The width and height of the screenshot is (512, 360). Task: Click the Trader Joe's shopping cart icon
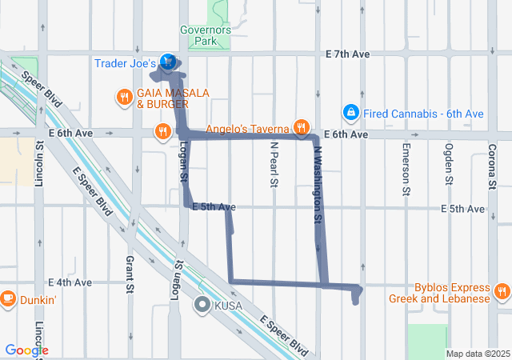[168, 62]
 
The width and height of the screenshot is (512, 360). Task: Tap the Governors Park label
[206, 35]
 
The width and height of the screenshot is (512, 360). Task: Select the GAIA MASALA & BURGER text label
[173, 98]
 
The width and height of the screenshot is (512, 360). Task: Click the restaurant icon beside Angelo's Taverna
[301, 126]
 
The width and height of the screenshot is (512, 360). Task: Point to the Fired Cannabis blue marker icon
[350, 113]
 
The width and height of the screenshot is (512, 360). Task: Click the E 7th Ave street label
[348, 54]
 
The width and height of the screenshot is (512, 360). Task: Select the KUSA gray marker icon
[202, 304]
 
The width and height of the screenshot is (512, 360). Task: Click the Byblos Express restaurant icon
[502, 290]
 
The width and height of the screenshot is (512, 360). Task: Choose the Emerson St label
[406, 170]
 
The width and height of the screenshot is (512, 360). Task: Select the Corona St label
[491, 166]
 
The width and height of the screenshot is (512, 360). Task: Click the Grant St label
[129, 274]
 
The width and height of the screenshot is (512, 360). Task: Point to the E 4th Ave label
[70, 282]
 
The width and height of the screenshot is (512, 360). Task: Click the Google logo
[26, 350]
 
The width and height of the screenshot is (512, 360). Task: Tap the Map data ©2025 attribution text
[477, 354]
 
